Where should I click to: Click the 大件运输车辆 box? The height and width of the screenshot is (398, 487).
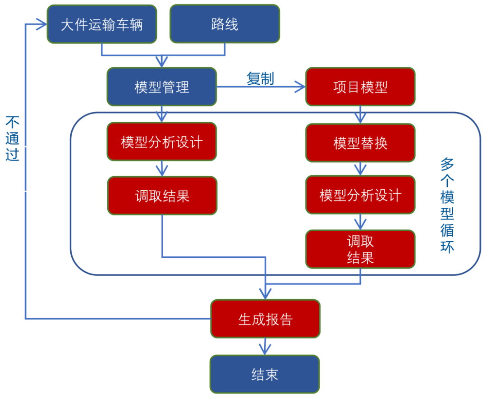(102, 24)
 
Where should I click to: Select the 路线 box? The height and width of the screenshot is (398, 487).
(225, 24)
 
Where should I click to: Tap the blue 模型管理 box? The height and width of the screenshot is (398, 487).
(161, 87)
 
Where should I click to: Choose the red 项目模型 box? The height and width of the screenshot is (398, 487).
(360, 87)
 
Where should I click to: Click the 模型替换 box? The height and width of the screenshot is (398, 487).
(360, 142)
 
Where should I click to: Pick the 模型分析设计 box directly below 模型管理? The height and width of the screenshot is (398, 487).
(161, 142)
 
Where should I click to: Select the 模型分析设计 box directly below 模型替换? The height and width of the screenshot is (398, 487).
(360, 195)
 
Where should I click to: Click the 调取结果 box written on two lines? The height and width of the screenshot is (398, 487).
(360, 249)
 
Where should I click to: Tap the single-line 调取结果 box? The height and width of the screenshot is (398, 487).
(162, 196)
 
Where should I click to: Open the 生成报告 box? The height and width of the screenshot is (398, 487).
(265, 319)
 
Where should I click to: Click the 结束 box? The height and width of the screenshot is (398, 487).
(265, 374)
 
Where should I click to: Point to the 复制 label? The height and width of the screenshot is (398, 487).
(260, 78)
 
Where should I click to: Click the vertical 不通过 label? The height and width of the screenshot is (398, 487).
(12, 138)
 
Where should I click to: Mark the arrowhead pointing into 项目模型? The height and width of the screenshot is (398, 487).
(300, 87)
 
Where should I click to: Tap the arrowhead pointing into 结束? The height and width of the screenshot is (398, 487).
(265, 349)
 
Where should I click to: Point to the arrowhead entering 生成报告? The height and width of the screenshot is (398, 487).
(265, 294)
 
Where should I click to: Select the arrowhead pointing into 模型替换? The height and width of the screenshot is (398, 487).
(360, 118)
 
